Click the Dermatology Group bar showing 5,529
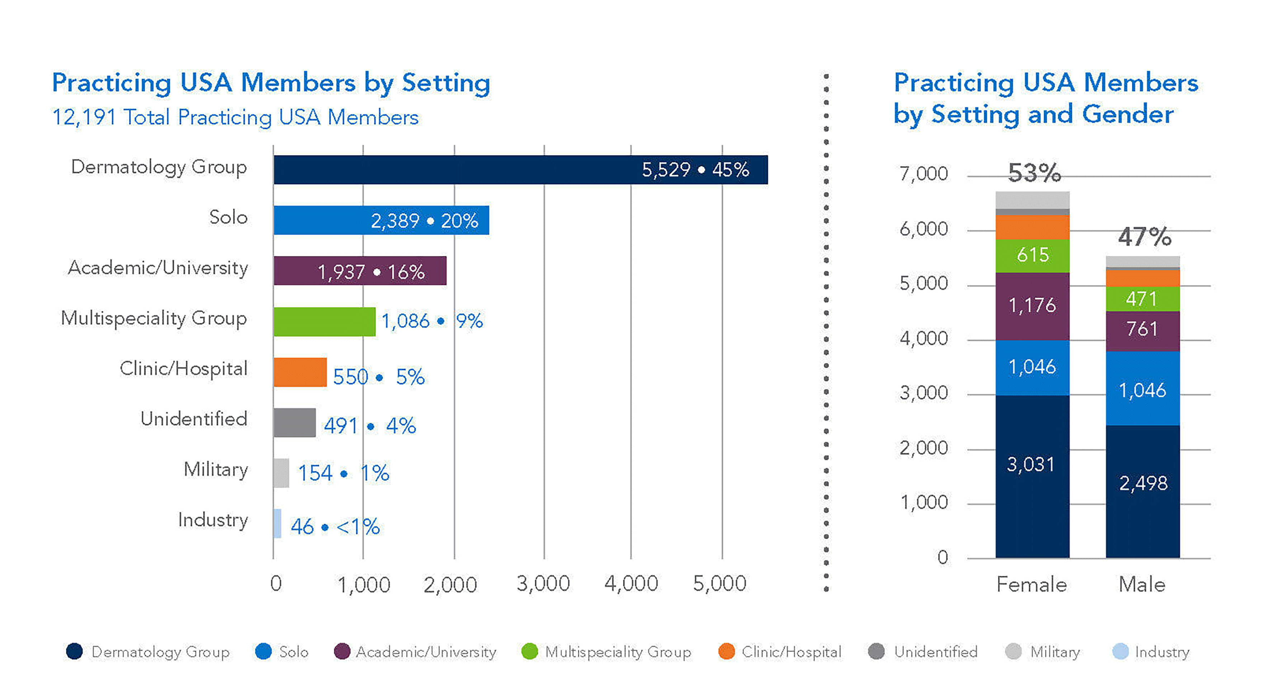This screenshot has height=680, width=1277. tap(520, 170)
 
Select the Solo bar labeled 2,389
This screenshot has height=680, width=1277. tap(381, 220)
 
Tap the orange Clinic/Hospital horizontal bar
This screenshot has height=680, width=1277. tap(300, 372)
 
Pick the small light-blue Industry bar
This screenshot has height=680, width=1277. tap(277, 523)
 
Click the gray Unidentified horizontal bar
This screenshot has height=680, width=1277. tap(294, 423)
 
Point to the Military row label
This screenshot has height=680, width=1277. tap(216, 469)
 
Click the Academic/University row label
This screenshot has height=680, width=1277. tap(157, 268)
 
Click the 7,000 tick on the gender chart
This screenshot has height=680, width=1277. tap(924, 174)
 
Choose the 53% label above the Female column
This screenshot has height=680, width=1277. tap(1034, 173)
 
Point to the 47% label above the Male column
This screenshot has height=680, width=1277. tap(1144, 236)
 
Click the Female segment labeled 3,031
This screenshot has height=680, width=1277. tap(1032, 476)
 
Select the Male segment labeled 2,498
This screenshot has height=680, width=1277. tap(1142, 491)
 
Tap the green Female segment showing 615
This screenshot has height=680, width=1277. tap(1032, 256)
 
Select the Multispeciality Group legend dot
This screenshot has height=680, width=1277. tap(529, 651)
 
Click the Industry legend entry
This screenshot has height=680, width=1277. tap(1151, 651)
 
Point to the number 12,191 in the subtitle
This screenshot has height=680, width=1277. tap(84, 118)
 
